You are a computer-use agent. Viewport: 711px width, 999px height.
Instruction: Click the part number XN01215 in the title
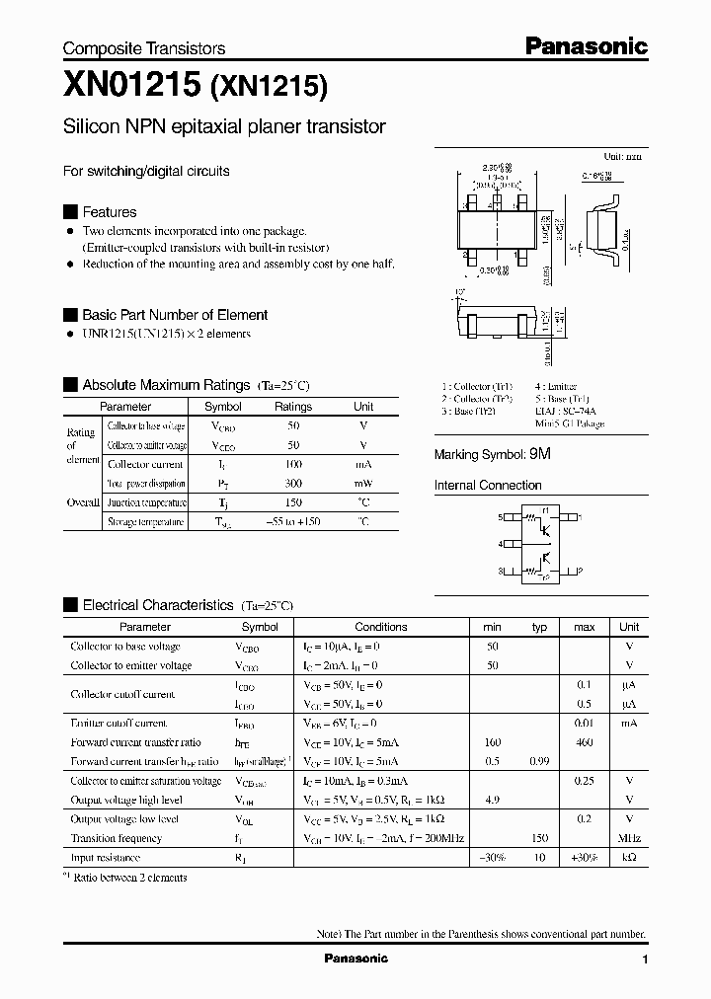pyautogui.click(x=131, y=87)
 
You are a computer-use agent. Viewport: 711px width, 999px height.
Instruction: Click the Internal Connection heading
pyautogui.click(x=488, y=486)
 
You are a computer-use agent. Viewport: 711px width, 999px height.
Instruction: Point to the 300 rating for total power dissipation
pyautogui.click(x=292, y=484)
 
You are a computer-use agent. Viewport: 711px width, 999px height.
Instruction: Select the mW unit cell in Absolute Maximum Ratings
pyautogui.click(x=363, y=484)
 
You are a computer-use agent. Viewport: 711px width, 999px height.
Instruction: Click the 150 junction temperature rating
pyautogui.click(x=292, y=502)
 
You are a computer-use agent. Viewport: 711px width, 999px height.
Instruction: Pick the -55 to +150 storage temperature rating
pyautogui.click(x=292, y=521)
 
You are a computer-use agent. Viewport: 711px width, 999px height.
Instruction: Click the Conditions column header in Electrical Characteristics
pyautogui.click(x=380, y=627)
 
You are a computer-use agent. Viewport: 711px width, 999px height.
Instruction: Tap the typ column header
pyautogui.click(x=539, y=627)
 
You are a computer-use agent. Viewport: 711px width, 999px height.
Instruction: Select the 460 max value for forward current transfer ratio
pyautogui.click(x=584, y=742)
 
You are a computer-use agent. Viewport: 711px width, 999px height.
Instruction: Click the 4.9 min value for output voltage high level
pyautogui.click(x=492, y=801)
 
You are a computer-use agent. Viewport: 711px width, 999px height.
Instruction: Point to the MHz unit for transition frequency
pyautogui.click(x=628, y=839)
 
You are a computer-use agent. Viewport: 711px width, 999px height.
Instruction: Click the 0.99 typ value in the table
pyautogui.click(x=539, y=762)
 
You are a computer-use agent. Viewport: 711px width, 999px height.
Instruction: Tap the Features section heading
pyautogui.click(x=109, y=212)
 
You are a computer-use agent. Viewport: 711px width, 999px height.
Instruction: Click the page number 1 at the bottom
pyautogui.click(x=645, y=960)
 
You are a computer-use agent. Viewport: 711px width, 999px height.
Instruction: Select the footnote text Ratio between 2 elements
pyautogui.click(x=130, y=877)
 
